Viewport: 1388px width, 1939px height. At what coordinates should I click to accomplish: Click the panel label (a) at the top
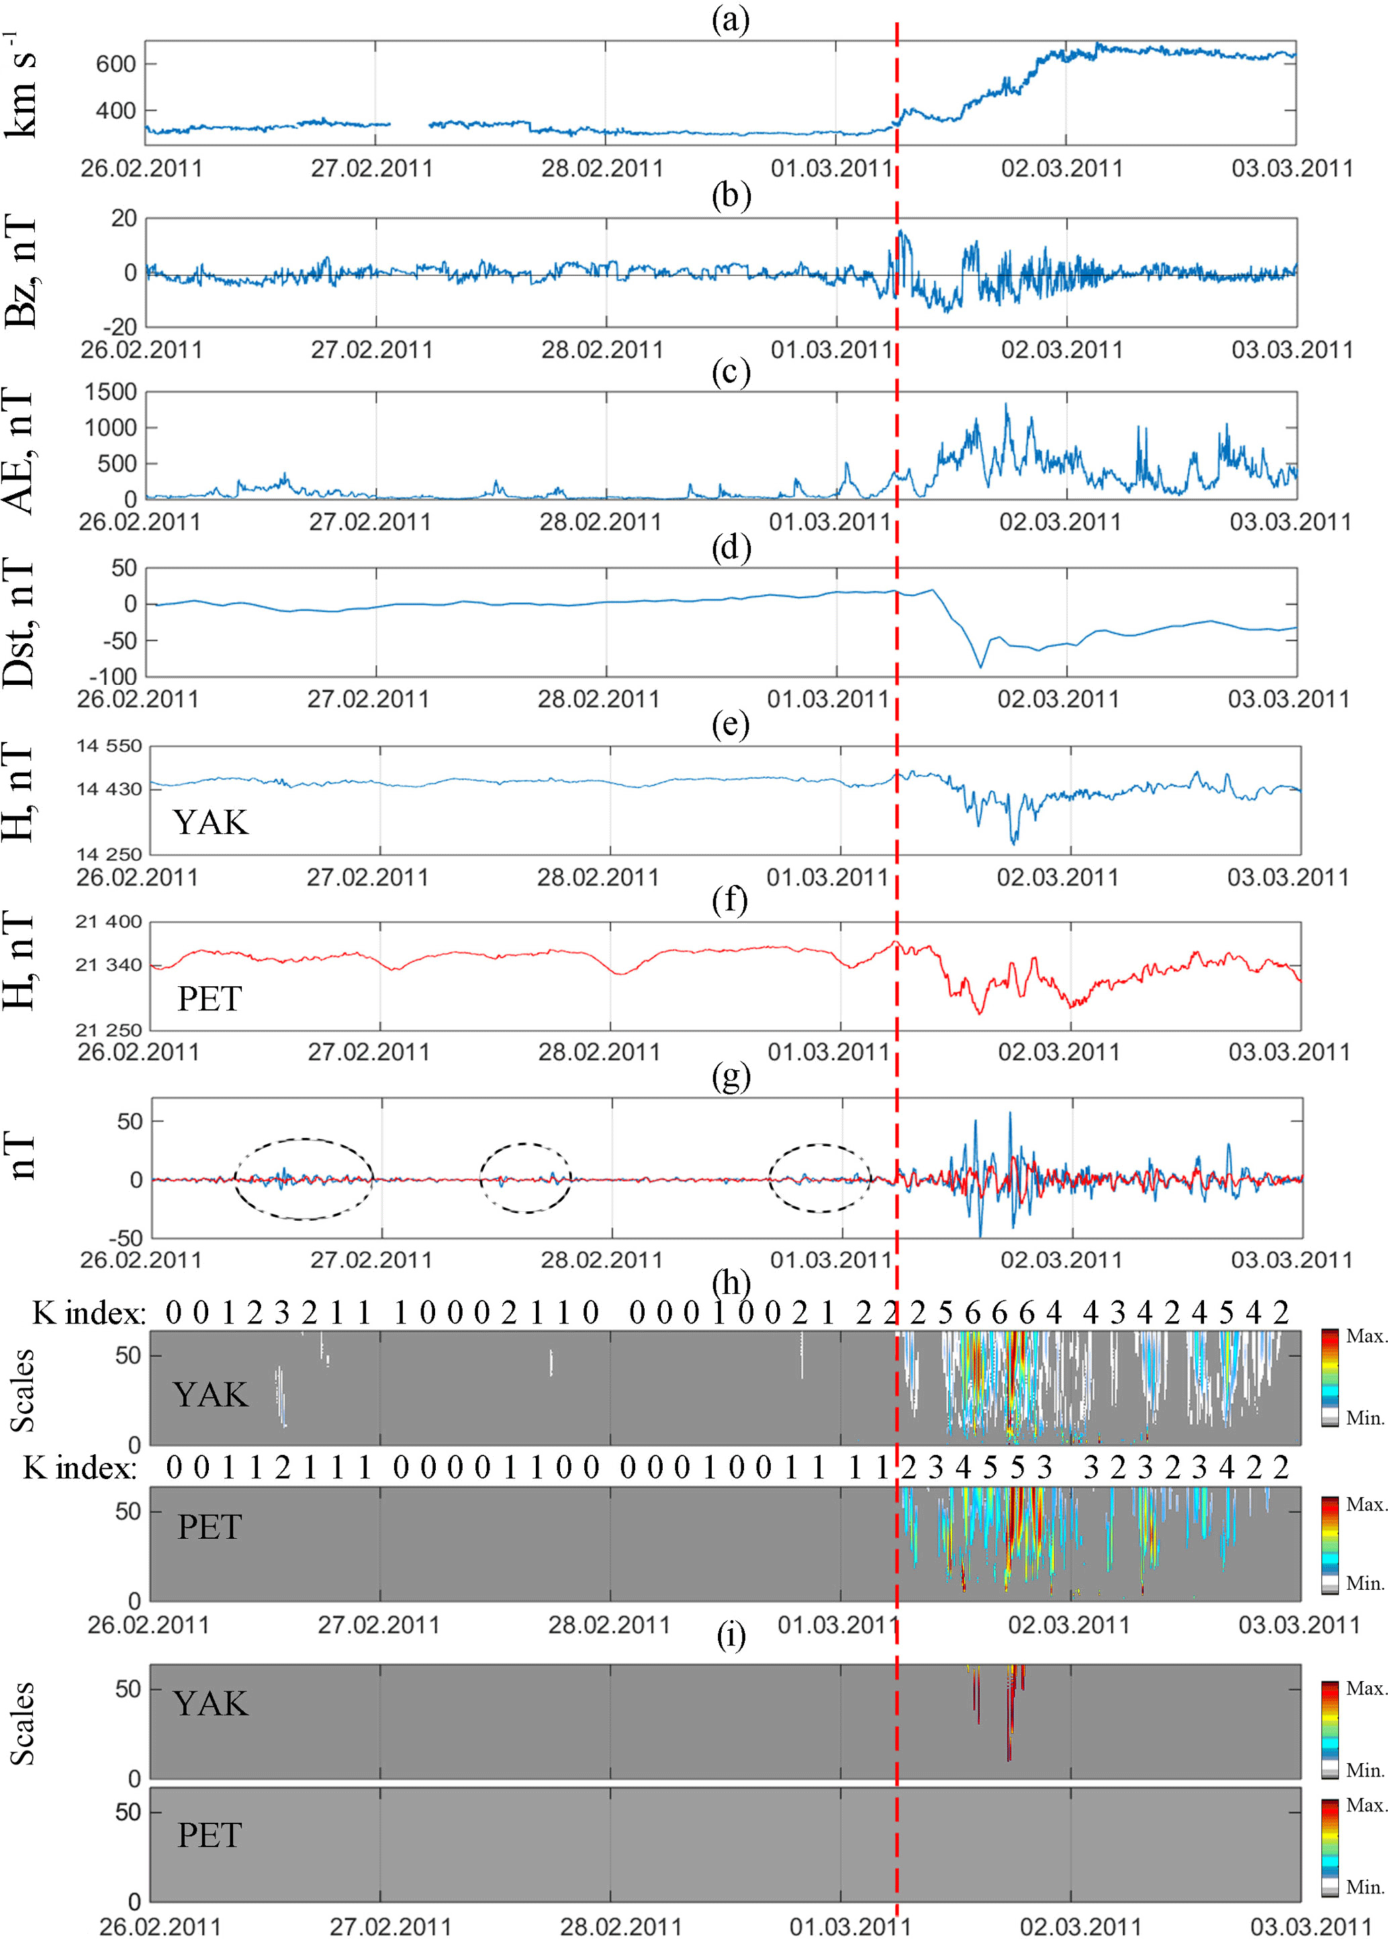tap(730, 19)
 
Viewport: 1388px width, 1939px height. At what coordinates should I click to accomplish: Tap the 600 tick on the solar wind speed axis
tap(115, 64)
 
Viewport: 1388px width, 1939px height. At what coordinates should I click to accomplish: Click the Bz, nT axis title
tap(22, 272)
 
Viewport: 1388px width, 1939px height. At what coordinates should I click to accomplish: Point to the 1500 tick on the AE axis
tap(110, 392)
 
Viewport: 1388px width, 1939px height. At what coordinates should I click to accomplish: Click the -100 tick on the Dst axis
tap(112, 677)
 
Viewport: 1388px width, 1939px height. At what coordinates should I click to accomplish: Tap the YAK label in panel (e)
tap(210, 822)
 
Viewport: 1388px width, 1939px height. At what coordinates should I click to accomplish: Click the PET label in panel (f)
tap(210, 998)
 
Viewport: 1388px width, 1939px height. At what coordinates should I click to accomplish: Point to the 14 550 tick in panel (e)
tap(109, 746)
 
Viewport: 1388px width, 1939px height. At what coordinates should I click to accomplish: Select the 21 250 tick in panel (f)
tap(109, 1031)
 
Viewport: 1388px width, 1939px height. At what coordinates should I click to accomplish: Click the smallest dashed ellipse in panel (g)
tap(524, 1178)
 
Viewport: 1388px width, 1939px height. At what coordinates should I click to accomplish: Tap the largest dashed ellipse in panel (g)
tap(304, 1178)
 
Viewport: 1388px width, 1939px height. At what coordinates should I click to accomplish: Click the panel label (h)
tap(730, 1282)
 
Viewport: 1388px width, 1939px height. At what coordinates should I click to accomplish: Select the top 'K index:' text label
tap(89, 1313)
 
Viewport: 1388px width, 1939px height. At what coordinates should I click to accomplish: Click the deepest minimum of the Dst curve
tap(980, 666)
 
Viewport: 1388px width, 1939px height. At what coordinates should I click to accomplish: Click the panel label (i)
tap(730, 1636)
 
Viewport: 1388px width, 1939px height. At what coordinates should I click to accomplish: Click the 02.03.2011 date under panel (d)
tap(1058, 699)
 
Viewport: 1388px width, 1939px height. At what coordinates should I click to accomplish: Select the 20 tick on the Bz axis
tap(124, 219)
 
